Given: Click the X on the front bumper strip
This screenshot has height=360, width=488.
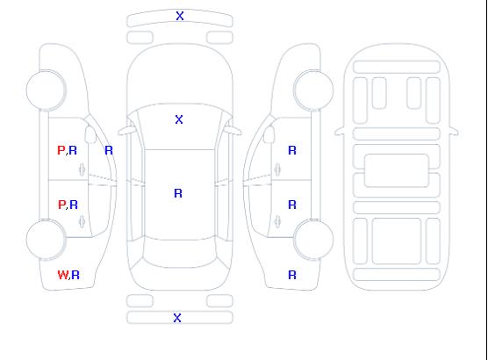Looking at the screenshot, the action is coord(180,16).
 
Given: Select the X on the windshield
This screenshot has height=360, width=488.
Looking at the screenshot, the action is coord(179,119).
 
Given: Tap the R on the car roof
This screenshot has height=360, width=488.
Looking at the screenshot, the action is coord(178,193).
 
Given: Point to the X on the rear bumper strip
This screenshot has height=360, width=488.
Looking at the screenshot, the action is coord(177,318).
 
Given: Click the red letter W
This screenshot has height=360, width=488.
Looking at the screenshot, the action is coord(62,275).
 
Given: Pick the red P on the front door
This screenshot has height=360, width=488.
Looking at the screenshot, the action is coord(61,150).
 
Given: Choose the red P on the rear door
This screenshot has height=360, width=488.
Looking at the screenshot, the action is coord(61,205).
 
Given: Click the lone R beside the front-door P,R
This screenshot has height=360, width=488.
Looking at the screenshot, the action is coord(109,150).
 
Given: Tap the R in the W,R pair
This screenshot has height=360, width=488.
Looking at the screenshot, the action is coord(75,275).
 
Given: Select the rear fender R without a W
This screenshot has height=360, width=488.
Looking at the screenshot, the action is coord(292,275).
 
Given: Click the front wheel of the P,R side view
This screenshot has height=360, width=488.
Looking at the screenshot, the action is coord(46,90).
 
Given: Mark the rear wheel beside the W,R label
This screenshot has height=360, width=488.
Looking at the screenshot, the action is coord(46,240).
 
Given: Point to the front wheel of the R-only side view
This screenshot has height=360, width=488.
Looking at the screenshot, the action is coord(313,90).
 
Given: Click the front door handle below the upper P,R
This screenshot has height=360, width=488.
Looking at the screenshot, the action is coord(82,169).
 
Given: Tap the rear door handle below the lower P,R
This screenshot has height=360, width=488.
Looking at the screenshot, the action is coord(82,221).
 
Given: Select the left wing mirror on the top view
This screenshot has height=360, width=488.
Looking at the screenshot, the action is coord(126,131).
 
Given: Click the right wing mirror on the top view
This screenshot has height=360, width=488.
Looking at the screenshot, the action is coord(233,131).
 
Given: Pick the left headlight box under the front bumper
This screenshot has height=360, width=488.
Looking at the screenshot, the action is coord(140,38).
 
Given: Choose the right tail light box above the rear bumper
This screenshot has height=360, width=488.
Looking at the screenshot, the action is coord(219,301).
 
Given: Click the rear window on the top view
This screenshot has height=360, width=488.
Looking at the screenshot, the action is coord(179,253).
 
